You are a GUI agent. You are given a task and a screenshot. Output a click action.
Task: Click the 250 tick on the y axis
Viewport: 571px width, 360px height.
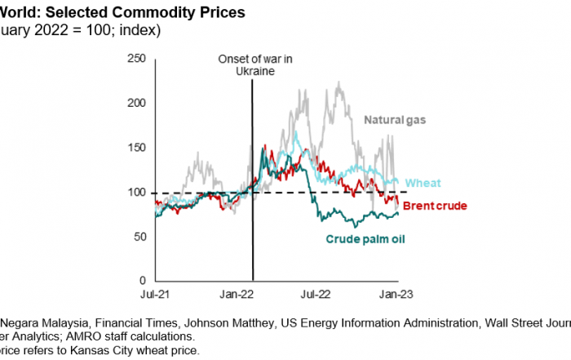pos(136,59)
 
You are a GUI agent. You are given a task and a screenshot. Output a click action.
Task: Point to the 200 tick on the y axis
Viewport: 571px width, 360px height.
pos(136,103)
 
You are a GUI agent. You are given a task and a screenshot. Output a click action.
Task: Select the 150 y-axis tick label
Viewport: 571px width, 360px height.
pos(136,148)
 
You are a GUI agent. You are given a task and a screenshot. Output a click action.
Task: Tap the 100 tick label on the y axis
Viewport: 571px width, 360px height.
pos(136,193)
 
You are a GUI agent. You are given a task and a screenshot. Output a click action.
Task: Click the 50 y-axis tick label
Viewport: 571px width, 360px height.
pos(139,237)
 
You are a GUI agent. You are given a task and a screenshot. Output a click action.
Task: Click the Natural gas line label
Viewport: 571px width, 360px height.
pos(396,121)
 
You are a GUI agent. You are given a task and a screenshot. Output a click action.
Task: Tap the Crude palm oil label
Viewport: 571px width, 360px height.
pos(366,239)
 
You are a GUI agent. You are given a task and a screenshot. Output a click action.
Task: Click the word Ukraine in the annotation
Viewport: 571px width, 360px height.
pos(251,71)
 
